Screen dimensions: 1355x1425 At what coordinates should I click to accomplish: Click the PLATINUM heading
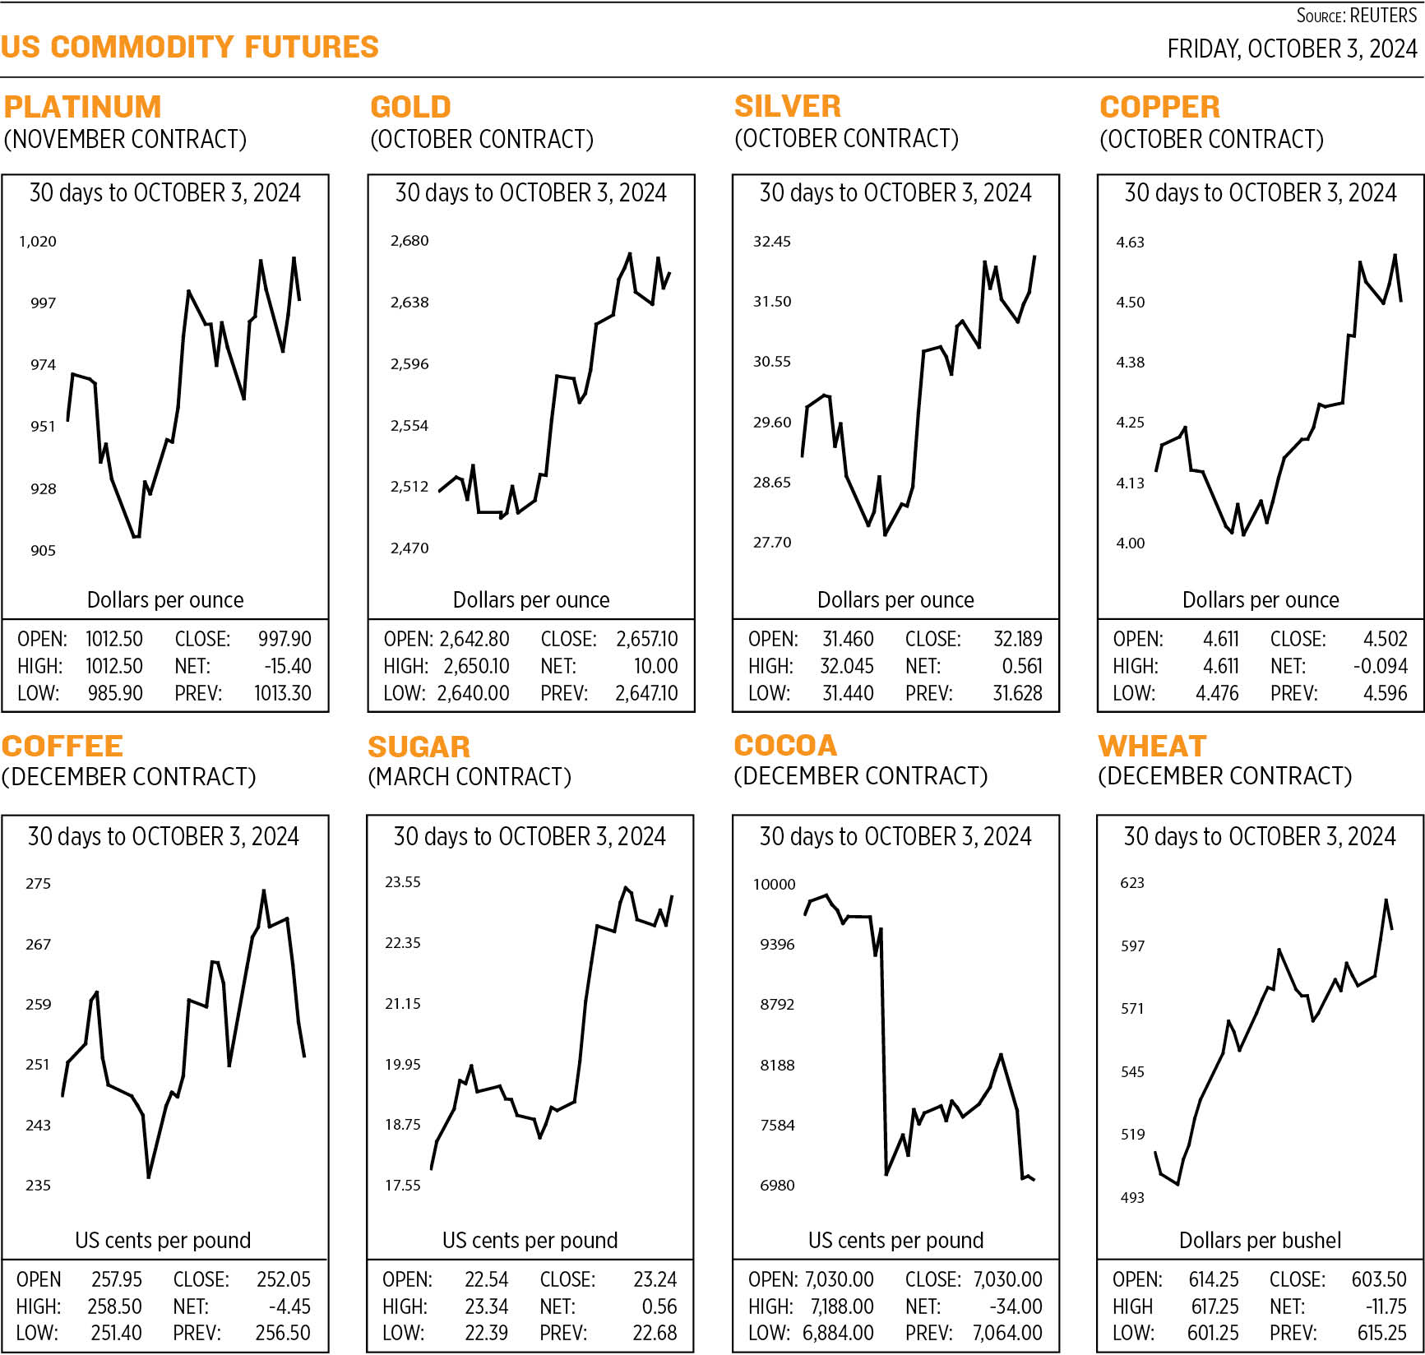click(x=82, y=107)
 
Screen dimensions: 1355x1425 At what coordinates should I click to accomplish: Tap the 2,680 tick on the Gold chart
click(x=409, y=241)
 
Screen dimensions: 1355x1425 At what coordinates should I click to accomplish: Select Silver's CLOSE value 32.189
click(x=1017, y=639)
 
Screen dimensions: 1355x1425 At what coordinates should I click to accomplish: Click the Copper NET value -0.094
click(x=1380, y=666)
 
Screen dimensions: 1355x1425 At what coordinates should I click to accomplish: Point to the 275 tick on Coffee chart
click(x=38, y=884)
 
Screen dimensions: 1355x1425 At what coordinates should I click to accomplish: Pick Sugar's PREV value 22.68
click(x=655, y=1333)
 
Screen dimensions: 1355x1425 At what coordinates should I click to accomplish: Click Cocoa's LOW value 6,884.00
click(x=838, y=1333)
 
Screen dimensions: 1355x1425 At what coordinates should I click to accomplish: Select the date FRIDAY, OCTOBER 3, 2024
click(x=1292, y=49)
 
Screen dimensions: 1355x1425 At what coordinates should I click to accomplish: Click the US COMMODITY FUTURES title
click(x=190, y=47)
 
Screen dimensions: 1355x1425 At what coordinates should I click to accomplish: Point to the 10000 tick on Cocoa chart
click(x=775, y=885)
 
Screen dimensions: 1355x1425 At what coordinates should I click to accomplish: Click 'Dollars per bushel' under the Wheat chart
click(x=1260, y=1240)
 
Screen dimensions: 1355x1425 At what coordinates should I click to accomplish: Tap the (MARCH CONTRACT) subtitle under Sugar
click(x=469, y=777)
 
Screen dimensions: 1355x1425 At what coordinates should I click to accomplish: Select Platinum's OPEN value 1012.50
click(x=113, y=639)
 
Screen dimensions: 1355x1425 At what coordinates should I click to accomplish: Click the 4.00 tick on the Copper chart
click(x=1130, y=543)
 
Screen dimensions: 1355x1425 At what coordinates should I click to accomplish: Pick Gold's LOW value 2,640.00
click(x=473, y=693)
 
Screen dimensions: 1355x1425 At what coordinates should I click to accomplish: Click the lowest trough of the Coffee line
click(x=149, y=1177)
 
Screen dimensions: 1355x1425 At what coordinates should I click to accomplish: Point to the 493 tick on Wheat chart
click(x=1132, y=1198)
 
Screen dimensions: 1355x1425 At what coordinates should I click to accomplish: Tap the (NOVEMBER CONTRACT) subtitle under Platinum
click(x=125, y=139)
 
